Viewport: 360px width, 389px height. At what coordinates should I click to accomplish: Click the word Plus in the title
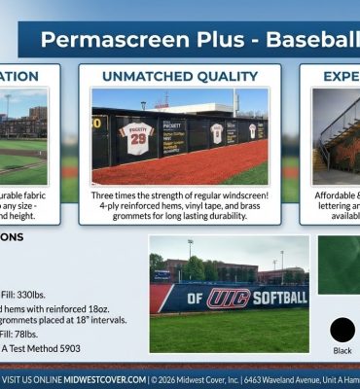pyautogui.click(x=220, y=40)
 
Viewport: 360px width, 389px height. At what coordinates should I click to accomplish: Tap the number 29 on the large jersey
pyautogui.click(x=136, y=139)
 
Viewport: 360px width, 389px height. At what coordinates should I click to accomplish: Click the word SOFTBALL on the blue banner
pyautogui.click(x=280, y=297)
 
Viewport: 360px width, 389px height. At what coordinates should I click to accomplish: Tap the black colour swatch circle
pyautogui.click(x=342, y=331)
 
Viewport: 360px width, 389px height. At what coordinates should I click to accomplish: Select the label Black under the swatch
pyautogui.click(x=342, y=351)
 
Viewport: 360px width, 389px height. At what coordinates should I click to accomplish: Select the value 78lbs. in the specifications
pyautogui.click(x=38, y=333)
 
